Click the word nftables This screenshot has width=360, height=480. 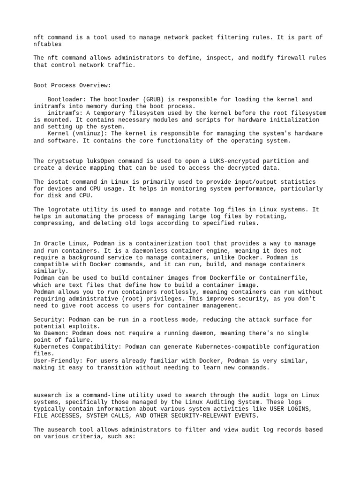[47, 44]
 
